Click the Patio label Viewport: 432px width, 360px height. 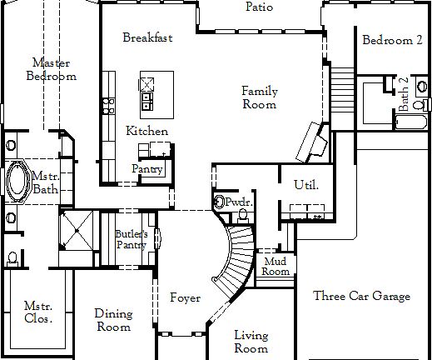pos(260,7)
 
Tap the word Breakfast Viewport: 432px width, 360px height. pos(147,37)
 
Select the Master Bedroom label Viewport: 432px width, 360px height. pos(50,69)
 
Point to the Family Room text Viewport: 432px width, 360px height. pos(260,97)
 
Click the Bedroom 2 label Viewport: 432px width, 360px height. pos(392,40)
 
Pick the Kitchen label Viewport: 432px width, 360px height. pos(147,132)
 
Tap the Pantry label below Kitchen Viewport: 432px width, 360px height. pos(147,169)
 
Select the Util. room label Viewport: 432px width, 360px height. pos(305,184)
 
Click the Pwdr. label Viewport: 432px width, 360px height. pos(239,202)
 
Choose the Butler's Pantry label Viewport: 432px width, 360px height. pos(131,239)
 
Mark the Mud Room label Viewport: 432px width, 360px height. pos(276,266)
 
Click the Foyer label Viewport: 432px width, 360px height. pos(184,297)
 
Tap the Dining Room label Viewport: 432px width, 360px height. pos(112,320)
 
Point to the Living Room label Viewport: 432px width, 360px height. pos(251,342)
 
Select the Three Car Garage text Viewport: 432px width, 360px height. pos(362,297)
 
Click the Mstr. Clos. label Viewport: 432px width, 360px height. pos(38,312)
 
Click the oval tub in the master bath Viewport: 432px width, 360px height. pos(16,181)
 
